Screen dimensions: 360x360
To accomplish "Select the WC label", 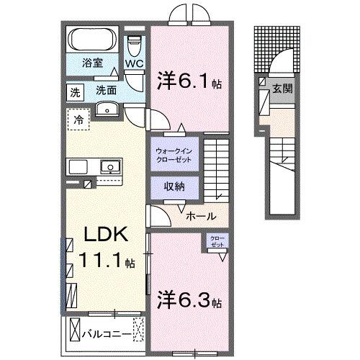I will click(135, 63).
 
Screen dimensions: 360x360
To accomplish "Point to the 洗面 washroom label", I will click(106, 91).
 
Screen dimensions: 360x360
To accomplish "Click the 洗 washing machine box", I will click(75, 91).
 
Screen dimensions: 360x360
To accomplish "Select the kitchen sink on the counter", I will click(111, 167).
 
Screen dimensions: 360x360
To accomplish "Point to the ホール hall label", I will click(199, 215).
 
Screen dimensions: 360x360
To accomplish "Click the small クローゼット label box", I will click(217, 241).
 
